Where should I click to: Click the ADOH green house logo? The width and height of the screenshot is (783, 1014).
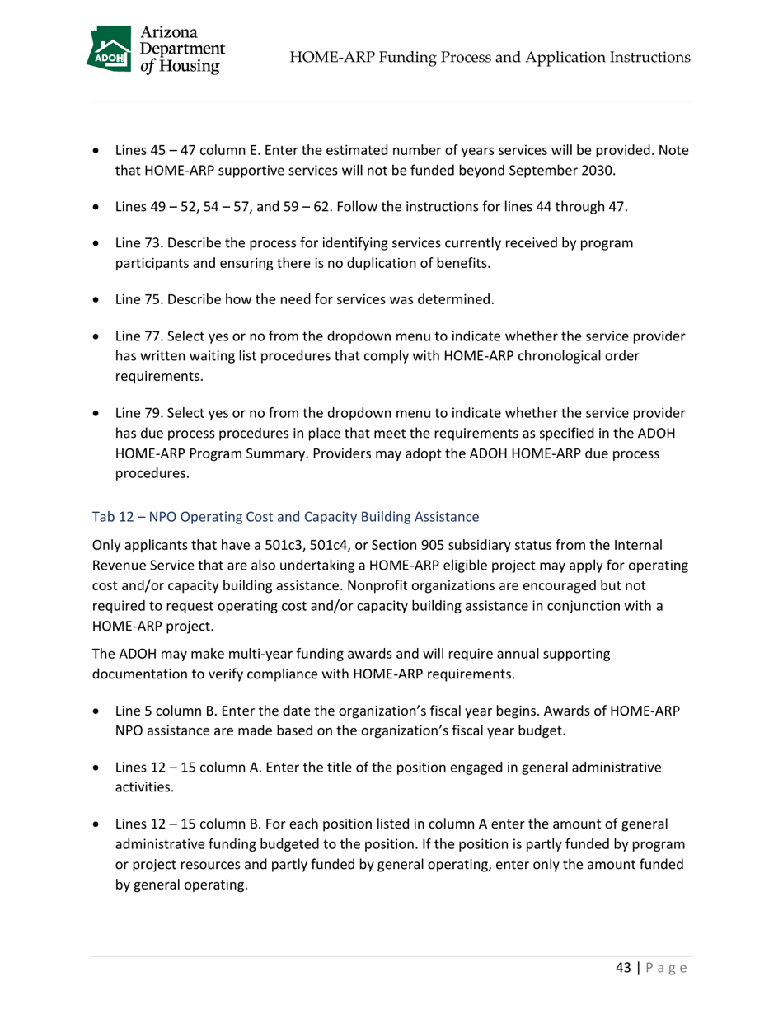[109, 50]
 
